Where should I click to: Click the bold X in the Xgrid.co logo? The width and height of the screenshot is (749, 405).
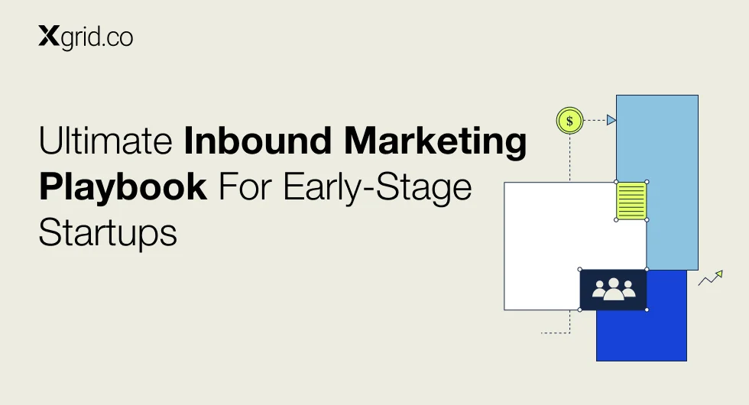coord(49,37)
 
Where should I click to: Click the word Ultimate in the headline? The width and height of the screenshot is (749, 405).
coord(105,141)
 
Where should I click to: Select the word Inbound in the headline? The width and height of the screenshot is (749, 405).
coord(258,141)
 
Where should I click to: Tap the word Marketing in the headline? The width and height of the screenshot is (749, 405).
coord(435,141)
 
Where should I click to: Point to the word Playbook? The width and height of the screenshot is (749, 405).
coord(123,187)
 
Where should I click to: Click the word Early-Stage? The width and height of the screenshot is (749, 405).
coord(378,187)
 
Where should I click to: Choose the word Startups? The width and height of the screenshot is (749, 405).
coord(108,232)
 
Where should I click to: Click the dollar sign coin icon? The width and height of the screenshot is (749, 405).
coord(570,121)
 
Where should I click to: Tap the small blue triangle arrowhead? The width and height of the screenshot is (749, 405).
coord(611,120)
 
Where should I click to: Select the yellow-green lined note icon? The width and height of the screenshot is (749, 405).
coord(631,201)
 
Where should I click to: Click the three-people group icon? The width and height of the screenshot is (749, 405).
coord(614,289)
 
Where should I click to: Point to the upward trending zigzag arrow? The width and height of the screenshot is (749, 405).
coord(711,278)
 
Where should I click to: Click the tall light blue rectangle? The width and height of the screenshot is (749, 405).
coord(673,144)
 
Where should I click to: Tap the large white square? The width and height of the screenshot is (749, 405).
coord(550,238)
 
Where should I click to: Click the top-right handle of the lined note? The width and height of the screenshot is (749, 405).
coord(647,182)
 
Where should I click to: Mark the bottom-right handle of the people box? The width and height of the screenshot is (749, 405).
coord(647,309)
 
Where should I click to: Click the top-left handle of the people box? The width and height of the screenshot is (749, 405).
coord(580,269)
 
